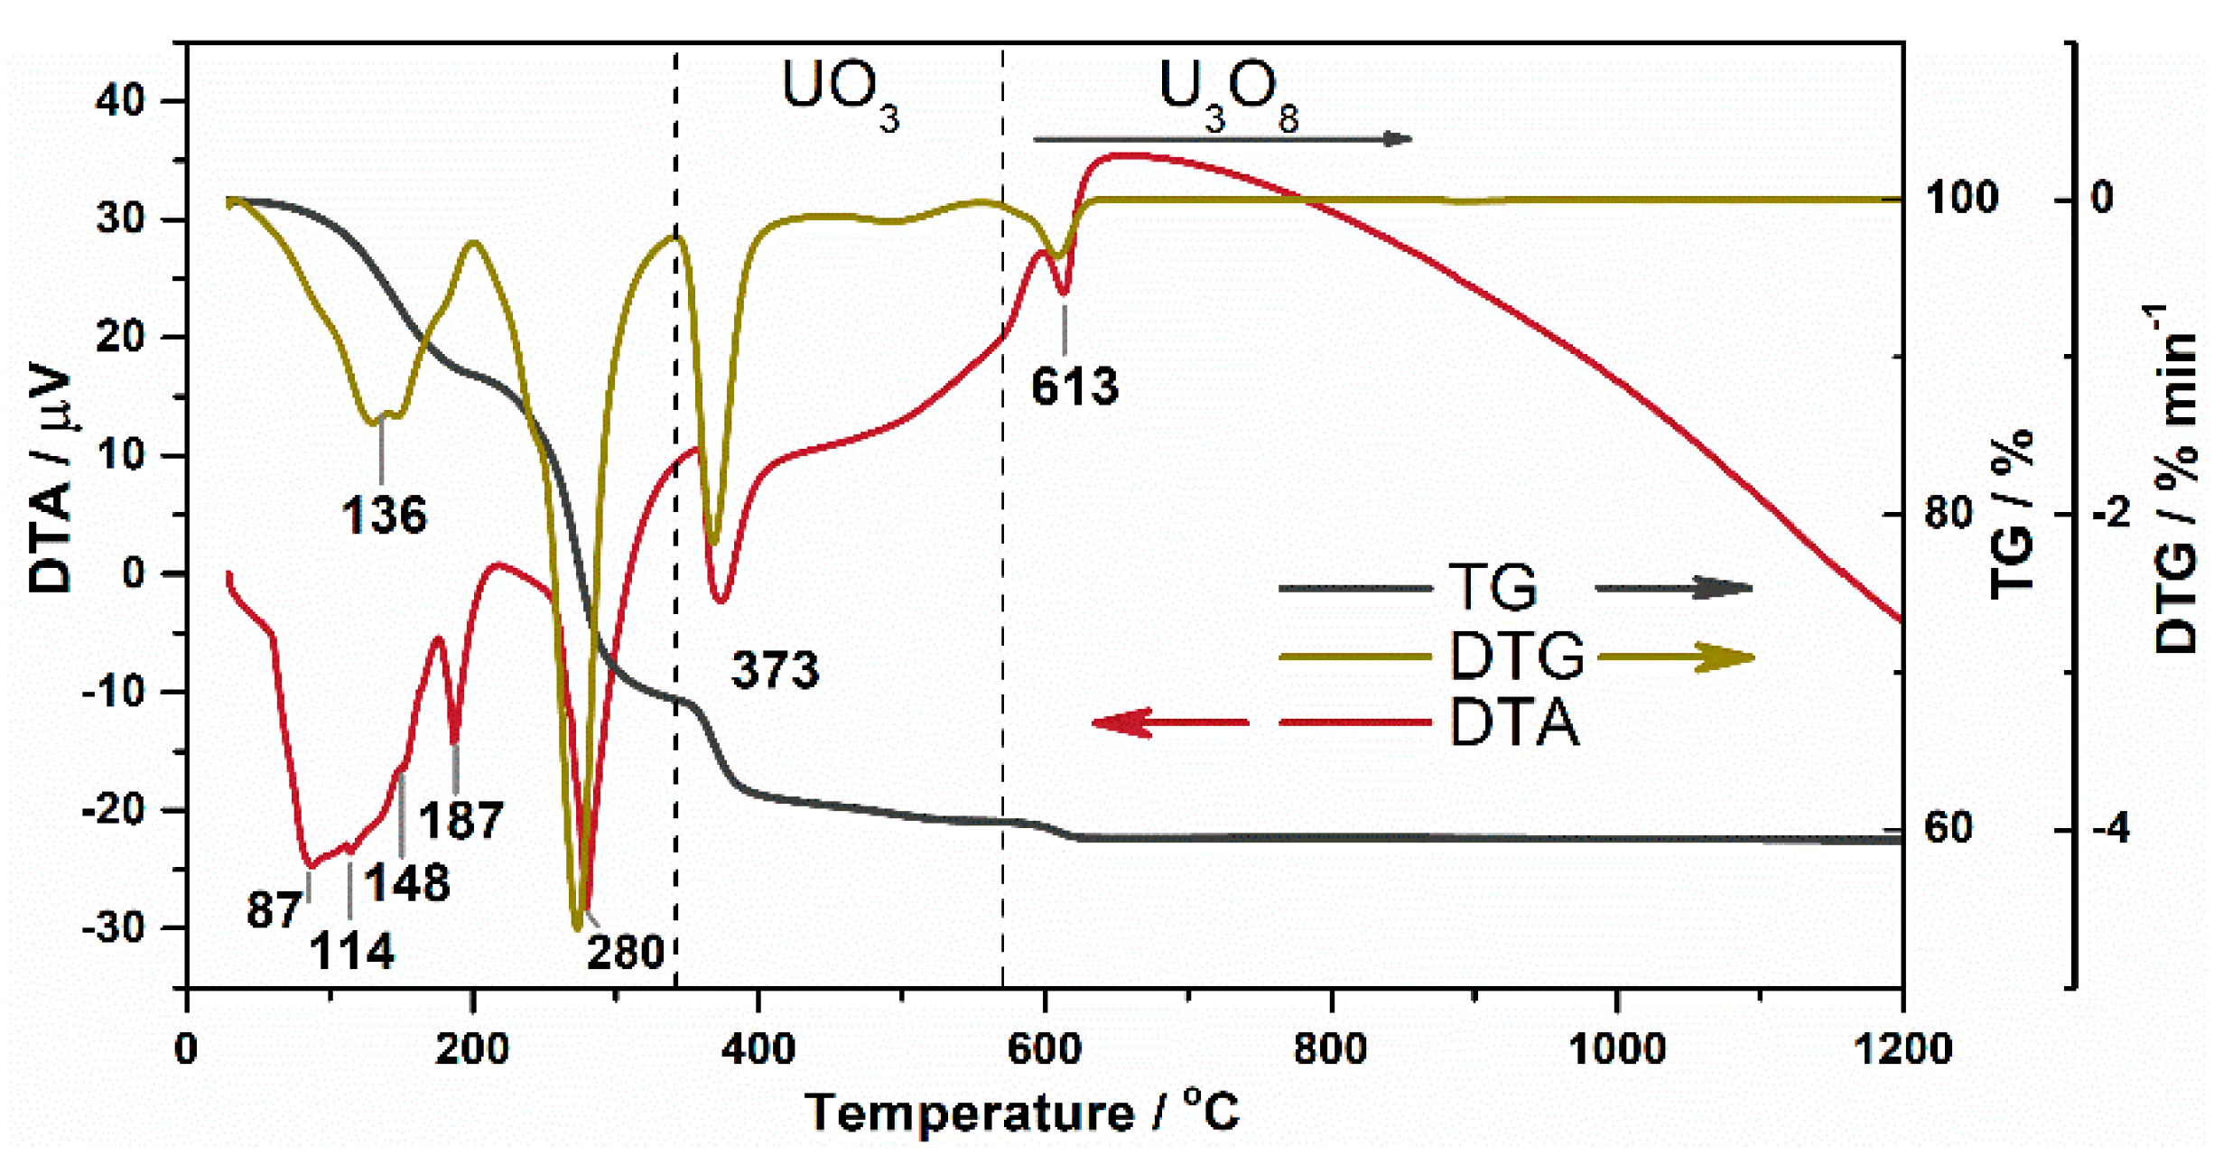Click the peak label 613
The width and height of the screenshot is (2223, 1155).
click(1074, 387)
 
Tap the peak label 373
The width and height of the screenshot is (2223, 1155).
click(775, 670)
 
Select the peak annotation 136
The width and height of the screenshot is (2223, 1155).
click(384, 516)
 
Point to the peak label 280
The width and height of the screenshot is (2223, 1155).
click(625, 953)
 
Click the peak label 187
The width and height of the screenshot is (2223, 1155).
click(460, 821)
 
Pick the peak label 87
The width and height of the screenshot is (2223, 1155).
click(274, 909)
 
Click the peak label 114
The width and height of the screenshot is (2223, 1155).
click(351, 952)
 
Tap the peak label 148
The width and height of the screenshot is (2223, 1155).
click(406, 883)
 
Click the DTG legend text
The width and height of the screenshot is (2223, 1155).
click(1517, 656)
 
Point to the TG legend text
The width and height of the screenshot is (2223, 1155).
click(1493, 587)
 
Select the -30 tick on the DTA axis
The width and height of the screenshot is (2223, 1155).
click(125, 927)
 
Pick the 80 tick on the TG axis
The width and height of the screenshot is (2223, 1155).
click(1949, 513)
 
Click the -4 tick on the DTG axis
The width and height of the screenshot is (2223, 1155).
click(2109, 828)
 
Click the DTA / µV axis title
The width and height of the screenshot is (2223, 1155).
click(51, 479)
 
